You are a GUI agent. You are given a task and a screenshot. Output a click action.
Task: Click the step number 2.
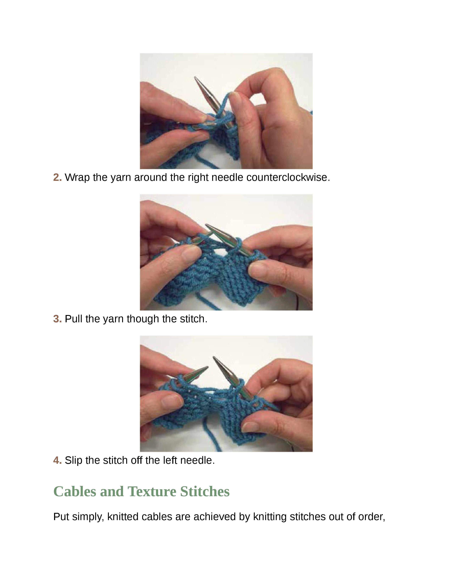pyautogui.click(x=57, y=177)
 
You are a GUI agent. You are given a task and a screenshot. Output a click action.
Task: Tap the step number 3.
pyautogui.click(x=57, y=319)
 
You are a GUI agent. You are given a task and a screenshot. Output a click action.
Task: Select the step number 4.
pyautogui.click(x=57, y=460)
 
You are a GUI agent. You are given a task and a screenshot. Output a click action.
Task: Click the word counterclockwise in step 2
pyautogui.click(x=288, y=177)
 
